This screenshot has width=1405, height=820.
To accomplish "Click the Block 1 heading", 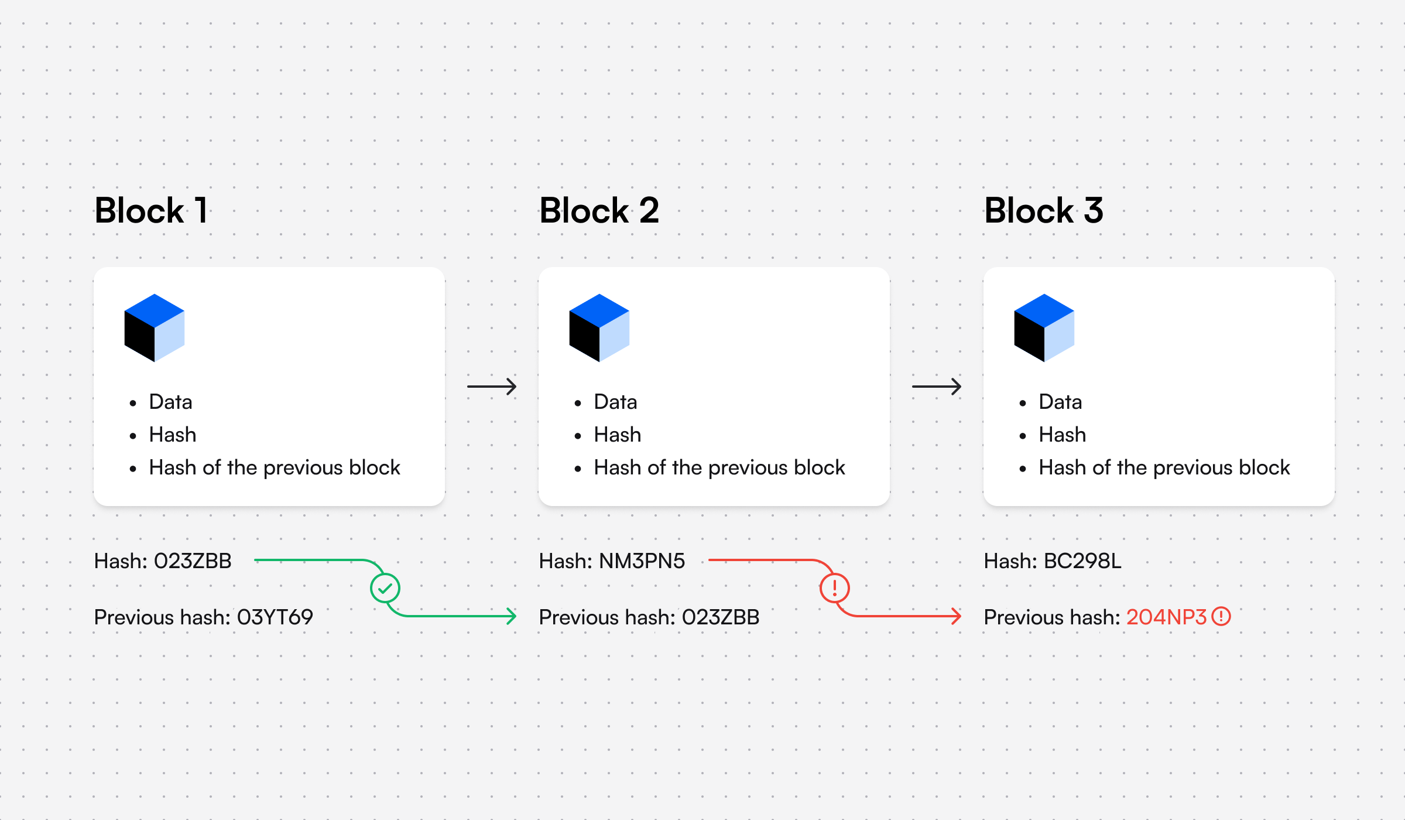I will pyautogui.click(x=151, y=211).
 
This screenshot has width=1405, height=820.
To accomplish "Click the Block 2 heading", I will pyautogui.click(x=599, y=211).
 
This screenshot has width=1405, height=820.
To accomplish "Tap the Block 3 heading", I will pyautogui.click(x=1044, y=211).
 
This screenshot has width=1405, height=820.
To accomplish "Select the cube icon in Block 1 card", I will pyautogui.click(x=155, y=328).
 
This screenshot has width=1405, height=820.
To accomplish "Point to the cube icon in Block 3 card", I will pyautogui.click(x=1044, y=328).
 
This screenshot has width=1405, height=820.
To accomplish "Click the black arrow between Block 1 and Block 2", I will pyautogui.click(x=492, y=387).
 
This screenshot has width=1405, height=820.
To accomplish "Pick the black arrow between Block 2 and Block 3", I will pyautogui.click(x=937, y=387).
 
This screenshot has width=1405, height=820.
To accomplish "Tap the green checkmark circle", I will pyautogui.click(x=385, y=588).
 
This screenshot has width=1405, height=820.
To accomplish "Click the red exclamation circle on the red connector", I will pyautogui.click(x=835, y=588).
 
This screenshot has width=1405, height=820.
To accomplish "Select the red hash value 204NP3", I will pyautogui.click(x=1166, y=617).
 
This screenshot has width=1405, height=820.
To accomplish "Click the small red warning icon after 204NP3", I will pyautogui.click(x=1221, y=617).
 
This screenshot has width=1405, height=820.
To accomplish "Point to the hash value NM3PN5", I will pyautogui.click(x=642, y=561).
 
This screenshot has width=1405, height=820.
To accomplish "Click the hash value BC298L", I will pyautogui.click(x=1082, y=561).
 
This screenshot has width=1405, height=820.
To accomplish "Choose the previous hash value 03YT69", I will pyautogui.click(x=275, y=617).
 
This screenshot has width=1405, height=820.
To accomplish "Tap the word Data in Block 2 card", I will pyautogui.click(x=615, y=402).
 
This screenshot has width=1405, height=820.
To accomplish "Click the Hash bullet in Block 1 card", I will pyautogui.click(x=173, y=435).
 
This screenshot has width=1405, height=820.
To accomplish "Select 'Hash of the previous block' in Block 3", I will pyautogui.click(x=1164, y=468).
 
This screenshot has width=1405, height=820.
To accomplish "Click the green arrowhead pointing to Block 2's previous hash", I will pyautogui.click(x=512, y=616).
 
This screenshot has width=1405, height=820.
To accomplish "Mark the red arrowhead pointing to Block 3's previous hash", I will pyautogui.click(x=957, y=616).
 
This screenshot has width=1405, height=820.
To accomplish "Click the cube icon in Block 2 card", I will pyautogui.click(x=599, y=328).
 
